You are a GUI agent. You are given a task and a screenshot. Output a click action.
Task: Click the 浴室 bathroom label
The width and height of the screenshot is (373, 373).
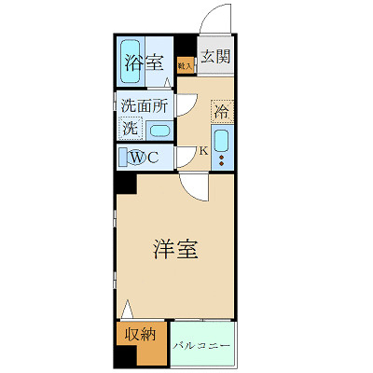coord(146,64)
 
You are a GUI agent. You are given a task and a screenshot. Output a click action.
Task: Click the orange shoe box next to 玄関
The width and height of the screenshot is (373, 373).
coord(185,66)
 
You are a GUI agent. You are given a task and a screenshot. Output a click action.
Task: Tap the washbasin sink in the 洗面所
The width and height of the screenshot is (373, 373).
coord(159,131)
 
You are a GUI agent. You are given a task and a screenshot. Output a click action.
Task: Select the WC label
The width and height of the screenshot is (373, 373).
coord(145,157)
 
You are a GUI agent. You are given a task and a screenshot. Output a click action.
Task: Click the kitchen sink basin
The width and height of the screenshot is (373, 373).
coord(222,142)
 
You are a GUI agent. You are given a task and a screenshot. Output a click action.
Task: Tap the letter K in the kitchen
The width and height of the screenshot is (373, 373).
coord(203,151)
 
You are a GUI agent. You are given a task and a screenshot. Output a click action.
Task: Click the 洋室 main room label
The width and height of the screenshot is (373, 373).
coord(173,250)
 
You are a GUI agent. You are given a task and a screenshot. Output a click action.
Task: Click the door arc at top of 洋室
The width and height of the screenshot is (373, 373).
coord(193,189)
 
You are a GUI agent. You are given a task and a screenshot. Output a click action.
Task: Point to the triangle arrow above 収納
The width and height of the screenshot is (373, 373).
coord(126,308)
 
